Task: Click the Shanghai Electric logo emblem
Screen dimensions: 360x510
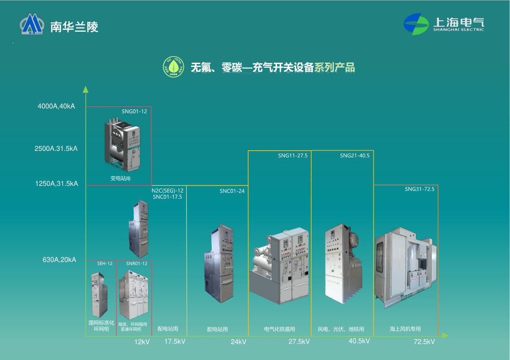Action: (x=416, y=24)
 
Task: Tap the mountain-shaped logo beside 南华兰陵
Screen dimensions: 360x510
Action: (x=32, y=25)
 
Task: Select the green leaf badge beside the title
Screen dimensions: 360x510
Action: (x=173, y=67)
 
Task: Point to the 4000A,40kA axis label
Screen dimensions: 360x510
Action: (x=56, y=106)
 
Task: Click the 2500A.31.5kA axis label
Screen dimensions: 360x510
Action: (x=56, y=148)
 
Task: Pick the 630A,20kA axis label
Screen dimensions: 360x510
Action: (x=59, y=260)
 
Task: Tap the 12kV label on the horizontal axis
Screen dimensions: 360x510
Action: (x=142, y=342)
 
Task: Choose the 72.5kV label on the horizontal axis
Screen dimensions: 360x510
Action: (x=424, y=342)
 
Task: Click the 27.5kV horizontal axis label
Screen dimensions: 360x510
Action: (x=299, y=342)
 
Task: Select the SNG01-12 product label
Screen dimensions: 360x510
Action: (x=134, y=111)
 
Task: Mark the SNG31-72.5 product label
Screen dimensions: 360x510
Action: (x=419, y=189)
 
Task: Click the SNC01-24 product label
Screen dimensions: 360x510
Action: (x=232, y=191)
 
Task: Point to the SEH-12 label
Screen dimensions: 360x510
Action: (x=105, y=263)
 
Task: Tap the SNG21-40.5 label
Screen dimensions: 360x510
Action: (x=355, y=156)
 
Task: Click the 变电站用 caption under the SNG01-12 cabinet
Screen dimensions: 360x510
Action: (x=120, y=178)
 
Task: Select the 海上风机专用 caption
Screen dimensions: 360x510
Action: (x=405, y=329)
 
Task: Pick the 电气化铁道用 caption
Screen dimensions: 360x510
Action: (x=280, y=329)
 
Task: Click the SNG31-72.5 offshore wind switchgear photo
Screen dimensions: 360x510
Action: (x=405, y=267)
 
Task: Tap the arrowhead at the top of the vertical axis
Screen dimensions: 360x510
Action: (x=85, y=89)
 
